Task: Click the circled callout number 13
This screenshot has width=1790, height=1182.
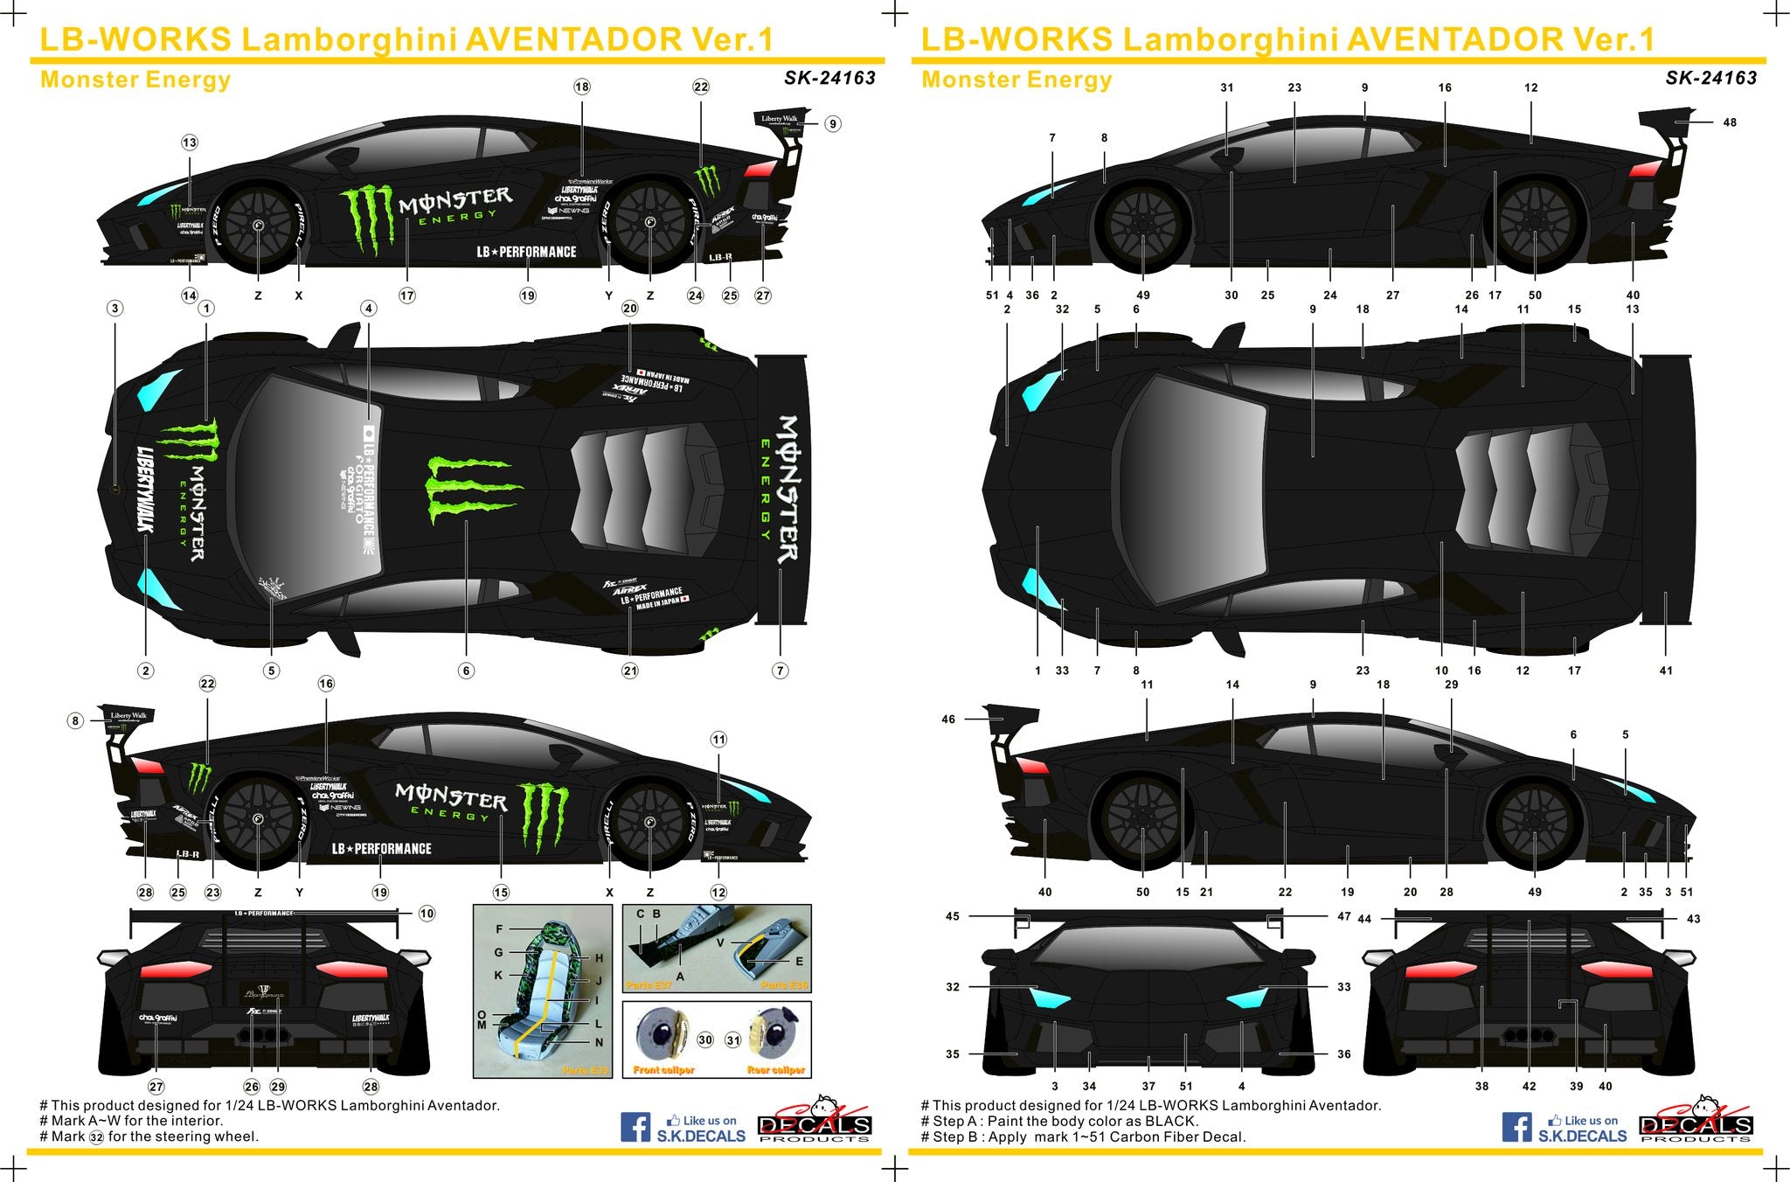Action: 190,143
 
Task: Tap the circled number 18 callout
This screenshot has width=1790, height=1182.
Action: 582,87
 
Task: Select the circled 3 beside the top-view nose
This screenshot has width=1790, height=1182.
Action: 114,308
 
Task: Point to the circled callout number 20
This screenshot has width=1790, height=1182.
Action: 630,308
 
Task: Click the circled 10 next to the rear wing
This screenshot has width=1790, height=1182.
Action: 427,914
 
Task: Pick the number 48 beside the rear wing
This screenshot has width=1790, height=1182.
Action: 1730,122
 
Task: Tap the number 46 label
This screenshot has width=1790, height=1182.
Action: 948,720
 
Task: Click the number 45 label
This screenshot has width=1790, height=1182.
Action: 953,916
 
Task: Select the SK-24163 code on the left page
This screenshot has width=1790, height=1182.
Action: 829,78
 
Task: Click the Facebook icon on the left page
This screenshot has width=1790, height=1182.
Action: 635,1126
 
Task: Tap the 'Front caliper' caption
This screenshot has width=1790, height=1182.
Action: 664,1070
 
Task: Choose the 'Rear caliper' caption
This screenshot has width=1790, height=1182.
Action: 776,1070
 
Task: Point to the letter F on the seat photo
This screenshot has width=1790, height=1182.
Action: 499,929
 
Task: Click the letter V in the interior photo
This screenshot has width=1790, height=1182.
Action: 721,942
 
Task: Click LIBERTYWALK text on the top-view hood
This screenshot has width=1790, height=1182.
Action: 145,489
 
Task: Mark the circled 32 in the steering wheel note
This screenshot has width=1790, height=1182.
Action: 96,1137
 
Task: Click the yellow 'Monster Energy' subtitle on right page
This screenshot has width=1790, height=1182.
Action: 1016,80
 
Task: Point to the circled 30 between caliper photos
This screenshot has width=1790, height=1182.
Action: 705,1040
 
